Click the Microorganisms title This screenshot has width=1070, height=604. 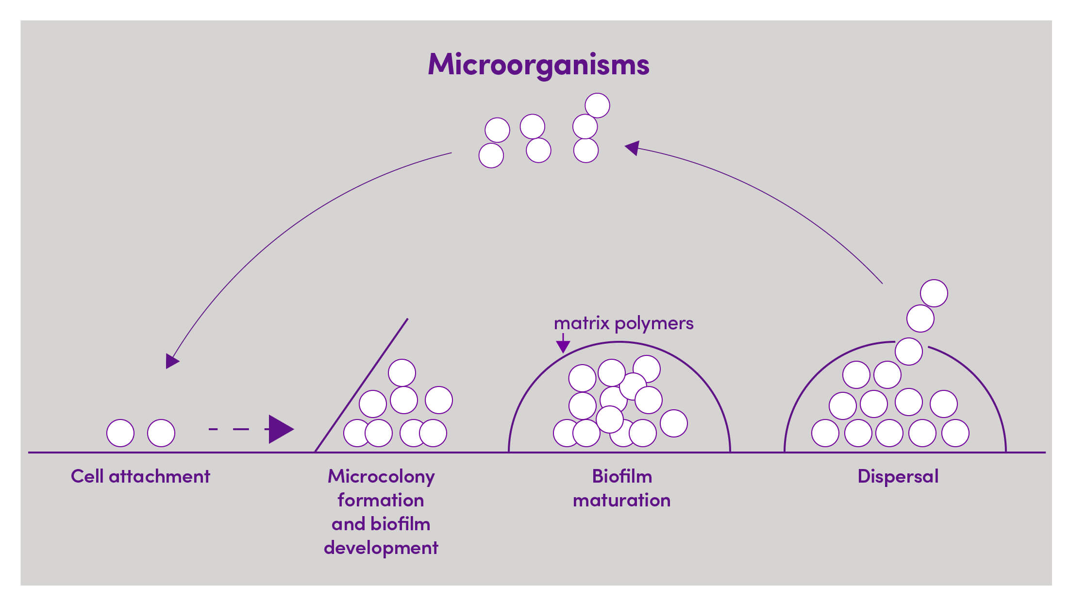(x=538, y=65)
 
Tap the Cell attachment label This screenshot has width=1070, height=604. (x=140, y=476)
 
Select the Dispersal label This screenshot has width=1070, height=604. (x=898, y=476)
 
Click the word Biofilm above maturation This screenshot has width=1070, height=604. (x=621, y=476)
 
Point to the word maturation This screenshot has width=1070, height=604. (x=621, y=500)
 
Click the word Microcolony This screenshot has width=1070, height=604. (x=381, y=476)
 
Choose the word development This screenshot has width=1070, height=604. (x=381, y=548)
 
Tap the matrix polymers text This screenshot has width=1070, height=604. (x=623, y=323)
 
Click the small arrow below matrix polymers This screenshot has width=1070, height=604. (x=563, y=344)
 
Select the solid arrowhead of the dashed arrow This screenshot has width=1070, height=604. (x=280, y=429)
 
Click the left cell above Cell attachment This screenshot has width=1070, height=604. (x=120, y=433)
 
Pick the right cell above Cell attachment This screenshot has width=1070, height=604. (x=161, y=433)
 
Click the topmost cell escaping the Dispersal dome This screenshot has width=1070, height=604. (x=934, y=293)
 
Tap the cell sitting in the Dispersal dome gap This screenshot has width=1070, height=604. (x=909, y=352)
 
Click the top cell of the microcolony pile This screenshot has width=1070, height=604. (x=402, y=373)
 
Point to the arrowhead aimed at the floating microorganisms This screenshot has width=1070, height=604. (x=632, y=148)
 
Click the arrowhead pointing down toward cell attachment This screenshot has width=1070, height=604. (x=171, y=361)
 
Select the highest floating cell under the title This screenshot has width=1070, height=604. (x=597, y=105)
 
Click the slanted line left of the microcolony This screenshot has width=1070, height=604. (x=362, y=385)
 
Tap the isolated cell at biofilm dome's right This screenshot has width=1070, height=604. (x=674, y=423)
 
